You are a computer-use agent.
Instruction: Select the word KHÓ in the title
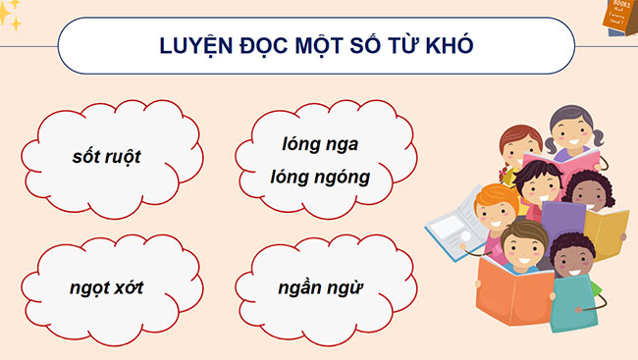(454, 48)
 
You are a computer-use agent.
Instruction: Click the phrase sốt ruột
(107, 155)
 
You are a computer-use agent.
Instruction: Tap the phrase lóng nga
(320, 145)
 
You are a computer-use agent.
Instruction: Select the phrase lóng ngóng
(320, 177)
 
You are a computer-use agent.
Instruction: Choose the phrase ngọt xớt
(109, 290)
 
